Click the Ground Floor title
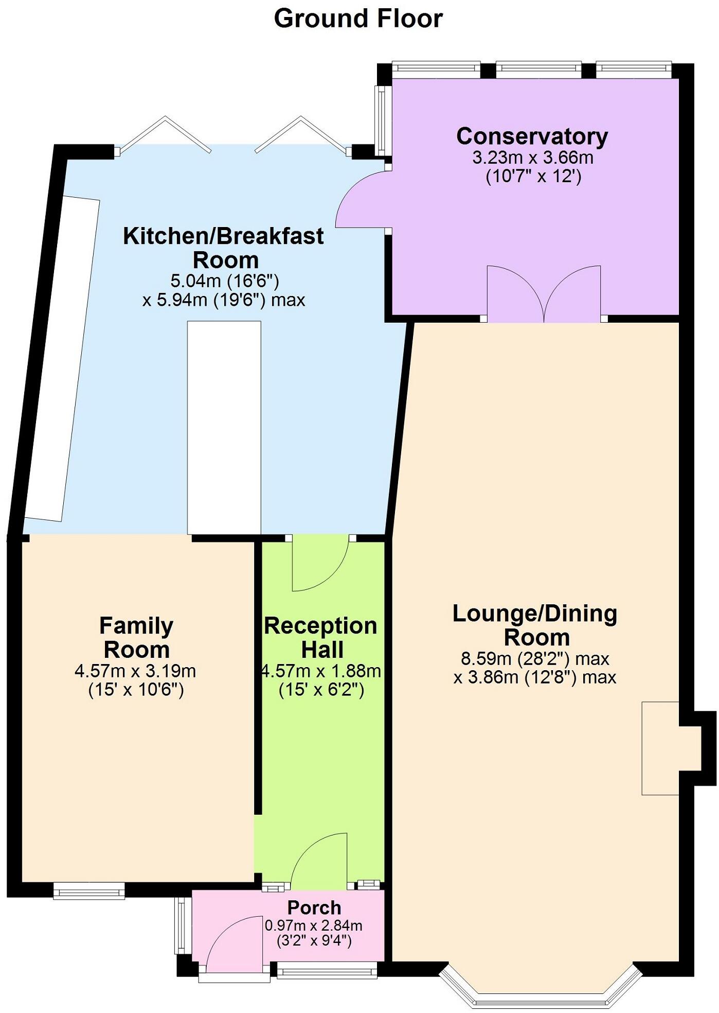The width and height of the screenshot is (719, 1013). point(358,19)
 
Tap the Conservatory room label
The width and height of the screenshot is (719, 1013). point(532,136)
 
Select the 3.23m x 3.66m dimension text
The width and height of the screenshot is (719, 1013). point(533,158)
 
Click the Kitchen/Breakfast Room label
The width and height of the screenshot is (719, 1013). point(224,248)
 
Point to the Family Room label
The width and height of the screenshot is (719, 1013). point(136,638)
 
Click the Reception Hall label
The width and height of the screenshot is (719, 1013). point(321,638)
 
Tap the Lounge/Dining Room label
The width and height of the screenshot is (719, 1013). point(535,625)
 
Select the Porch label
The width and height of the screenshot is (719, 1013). point(314,907)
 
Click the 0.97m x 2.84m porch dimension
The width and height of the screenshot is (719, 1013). point(314,925)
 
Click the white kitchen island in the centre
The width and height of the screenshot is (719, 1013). point(224,427)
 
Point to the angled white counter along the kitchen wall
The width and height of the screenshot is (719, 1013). point(63,358)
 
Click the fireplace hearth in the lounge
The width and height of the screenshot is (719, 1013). point(660,748)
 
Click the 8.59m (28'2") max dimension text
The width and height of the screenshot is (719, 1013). point(535,658)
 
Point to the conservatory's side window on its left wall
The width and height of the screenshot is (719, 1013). point(382,120)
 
